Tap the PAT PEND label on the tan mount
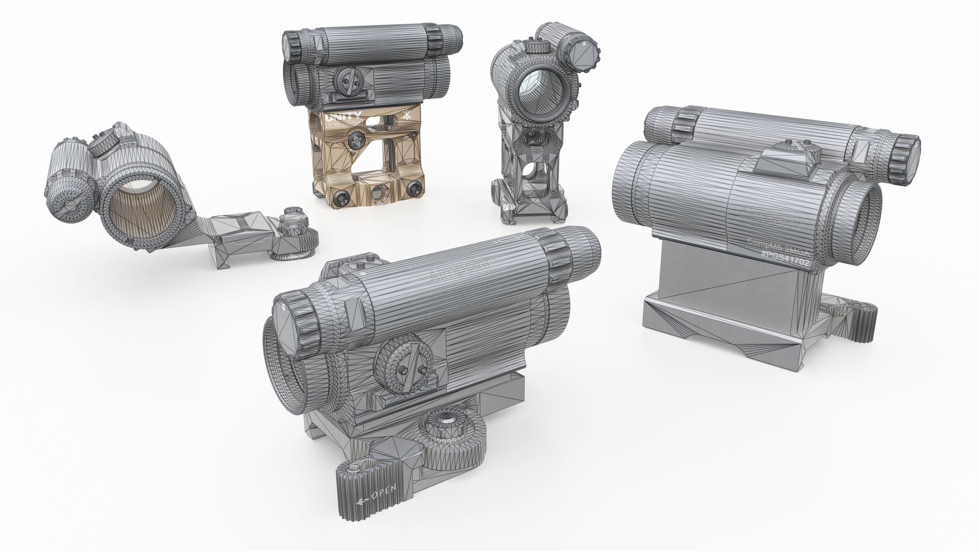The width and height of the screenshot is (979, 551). coord(333,124)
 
